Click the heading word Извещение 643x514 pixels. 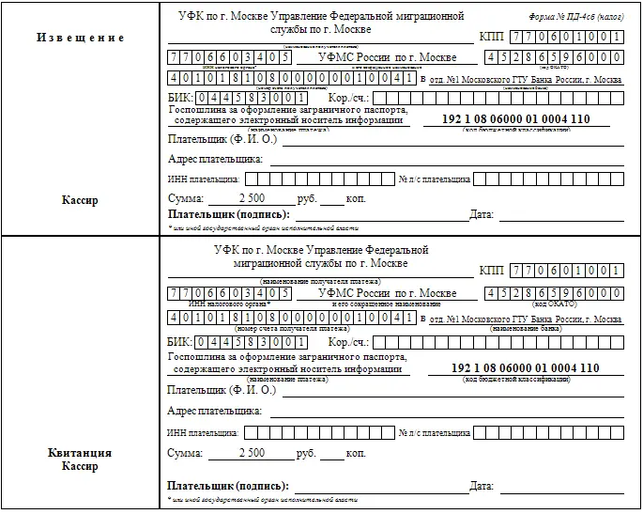point(80,38)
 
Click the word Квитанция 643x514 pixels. point(80,453)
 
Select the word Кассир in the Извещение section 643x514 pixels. point(80,200)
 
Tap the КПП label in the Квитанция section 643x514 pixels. point(491,271)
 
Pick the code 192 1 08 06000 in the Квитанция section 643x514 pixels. point(478,366)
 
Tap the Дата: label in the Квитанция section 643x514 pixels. point(482,487)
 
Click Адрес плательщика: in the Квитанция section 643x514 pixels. point(214,412)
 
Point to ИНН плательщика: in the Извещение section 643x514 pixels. point(204,179)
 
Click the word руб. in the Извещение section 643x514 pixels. point(305,200)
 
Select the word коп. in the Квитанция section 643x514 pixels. point(356,454)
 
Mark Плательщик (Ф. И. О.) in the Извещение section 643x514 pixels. point(222,139)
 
